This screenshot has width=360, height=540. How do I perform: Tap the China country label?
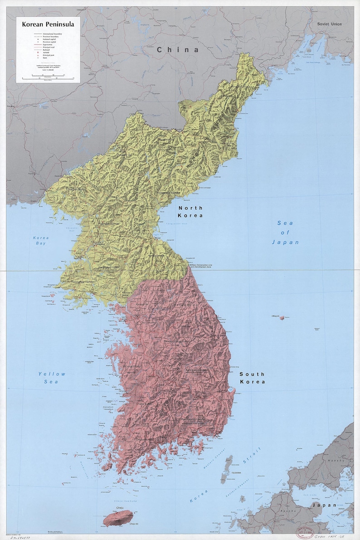point(178,50)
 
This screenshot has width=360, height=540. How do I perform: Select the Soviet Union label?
point(329,24)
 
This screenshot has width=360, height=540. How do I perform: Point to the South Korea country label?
point(252,378)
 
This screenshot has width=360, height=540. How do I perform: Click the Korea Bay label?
point(41,241)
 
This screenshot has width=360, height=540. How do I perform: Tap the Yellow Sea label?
point(52,378)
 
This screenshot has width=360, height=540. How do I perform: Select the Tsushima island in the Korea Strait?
point(227,470)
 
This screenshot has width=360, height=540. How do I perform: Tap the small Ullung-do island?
point(282,318)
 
